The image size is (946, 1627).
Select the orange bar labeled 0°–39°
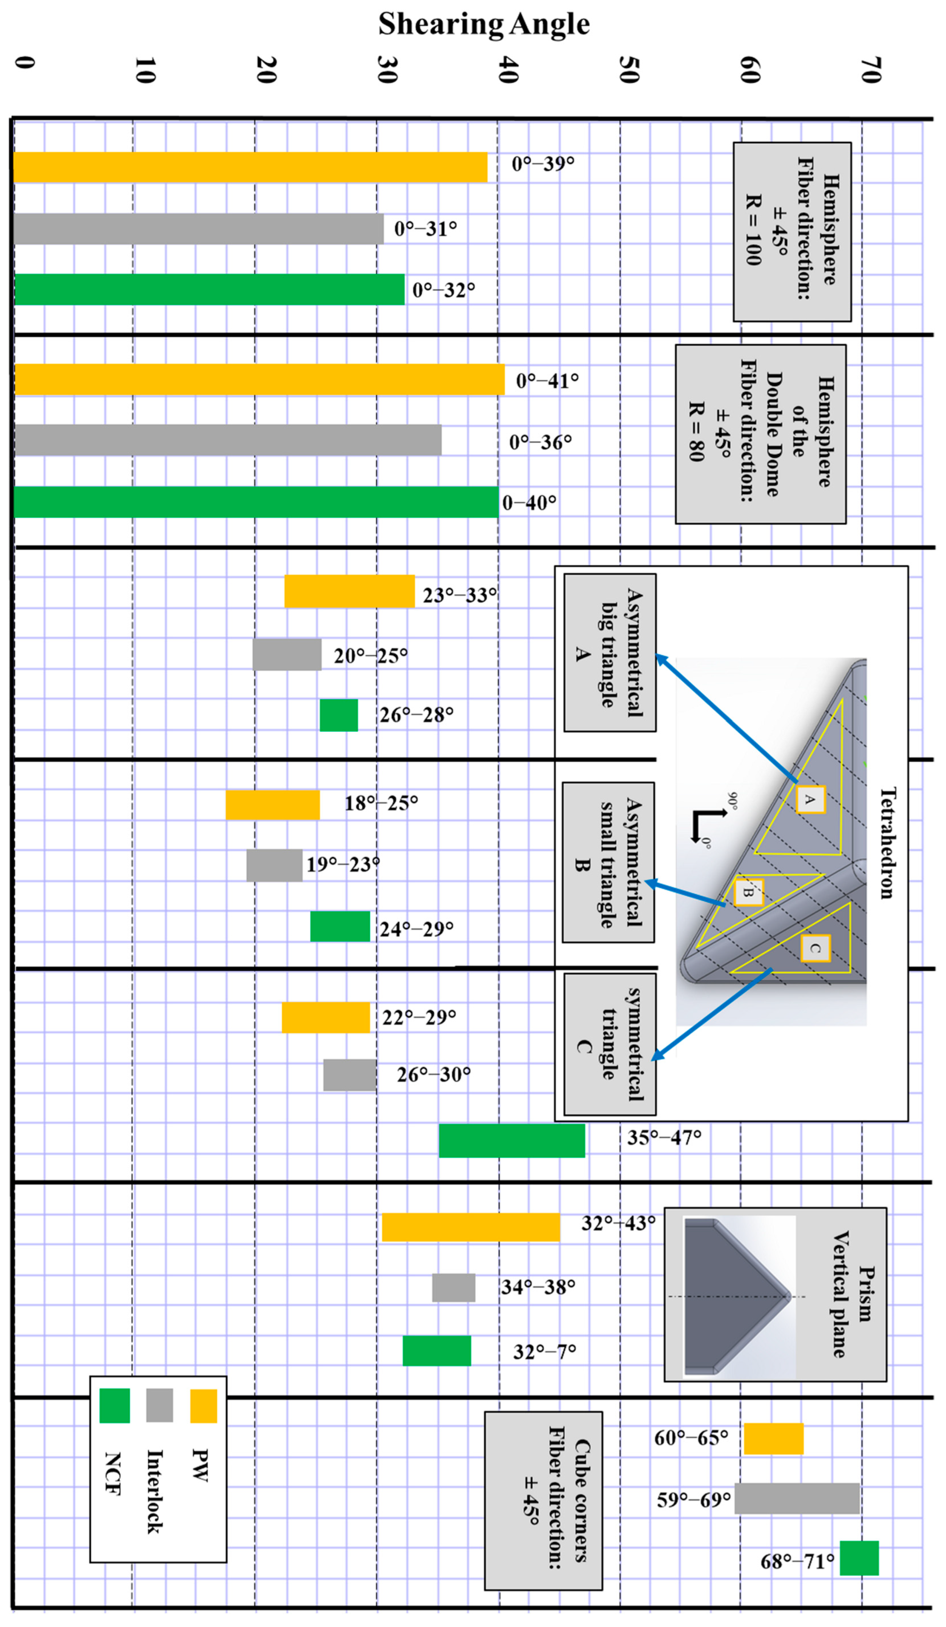[x=251, y=167]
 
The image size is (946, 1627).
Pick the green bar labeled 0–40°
[x=256, y=502]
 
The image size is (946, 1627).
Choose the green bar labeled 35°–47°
[x=512, y=1141]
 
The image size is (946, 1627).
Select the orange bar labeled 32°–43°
[x=470, y=1227]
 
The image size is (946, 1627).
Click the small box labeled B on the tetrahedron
[x=749, y=892]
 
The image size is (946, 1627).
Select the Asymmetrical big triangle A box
[x=610, y=652]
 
